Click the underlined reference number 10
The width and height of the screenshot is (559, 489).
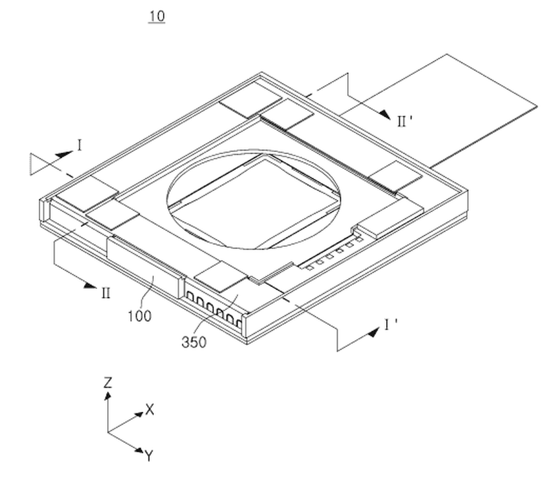point(157,16)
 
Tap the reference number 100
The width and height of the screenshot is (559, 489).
point(139,316)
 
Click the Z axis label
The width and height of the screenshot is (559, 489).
point(108,382)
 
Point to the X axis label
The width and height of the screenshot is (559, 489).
point(150,409)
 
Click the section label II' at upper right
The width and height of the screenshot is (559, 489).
point(404,122)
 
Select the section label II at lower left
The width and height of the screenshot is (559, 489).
point(105,294)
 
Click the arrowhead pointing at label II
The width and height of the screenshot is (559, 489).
point(87,284)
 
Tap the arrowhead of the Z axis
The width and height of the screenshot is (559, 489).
point(108,396)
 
